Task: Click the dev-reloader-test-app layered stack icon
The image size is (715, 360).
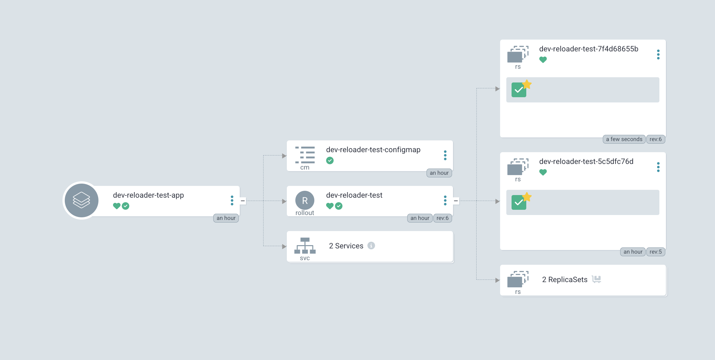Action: (81, 200)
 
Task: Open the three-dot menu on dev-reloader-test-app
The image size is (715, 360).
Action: (232, 200)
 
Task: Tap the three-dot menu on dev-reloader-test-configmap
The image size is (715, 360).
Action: (445, 155)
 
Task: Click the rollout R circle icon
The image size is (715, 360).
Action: (305, 200)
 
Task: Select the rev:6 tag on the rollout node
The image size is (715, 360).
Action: (442, 218)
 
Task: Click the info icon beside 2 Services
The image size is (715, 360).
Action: (371, 245)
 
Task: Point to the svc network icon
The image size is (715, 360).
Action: (305, 246)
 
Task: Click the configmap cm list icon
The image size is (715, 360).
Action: (305, 155)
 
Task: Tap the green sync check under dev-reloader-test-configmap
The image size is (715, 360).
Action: (330, 160)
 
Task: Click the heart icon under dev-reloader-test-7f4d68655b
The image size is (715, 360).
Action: (543, 60)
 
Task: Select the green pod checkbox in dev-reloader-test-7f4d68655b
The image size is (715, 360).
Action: (518, 90)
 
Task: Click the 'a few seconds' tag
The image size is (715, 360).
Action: (624, 139)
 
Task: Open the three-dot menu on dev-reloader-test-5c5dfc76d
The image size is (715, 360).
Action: (658, 167)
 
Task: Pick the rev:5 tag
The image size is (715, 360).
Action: (655, 252)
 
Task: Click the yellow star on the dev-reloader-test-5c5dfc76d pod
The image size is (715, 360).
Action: (527, 197)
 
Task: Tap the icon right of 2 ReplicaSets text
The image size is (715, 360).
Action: (596, 279)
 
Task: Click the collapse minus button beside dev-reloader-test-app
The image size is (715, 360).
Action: (243, 201)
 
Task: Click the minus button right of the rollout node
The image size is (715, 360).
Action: (456, 201)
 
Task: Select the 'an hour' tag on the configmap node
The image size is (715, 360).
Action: (439, 173)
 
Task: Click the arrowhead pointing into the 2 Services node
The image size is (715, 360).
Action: (284, 246)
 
